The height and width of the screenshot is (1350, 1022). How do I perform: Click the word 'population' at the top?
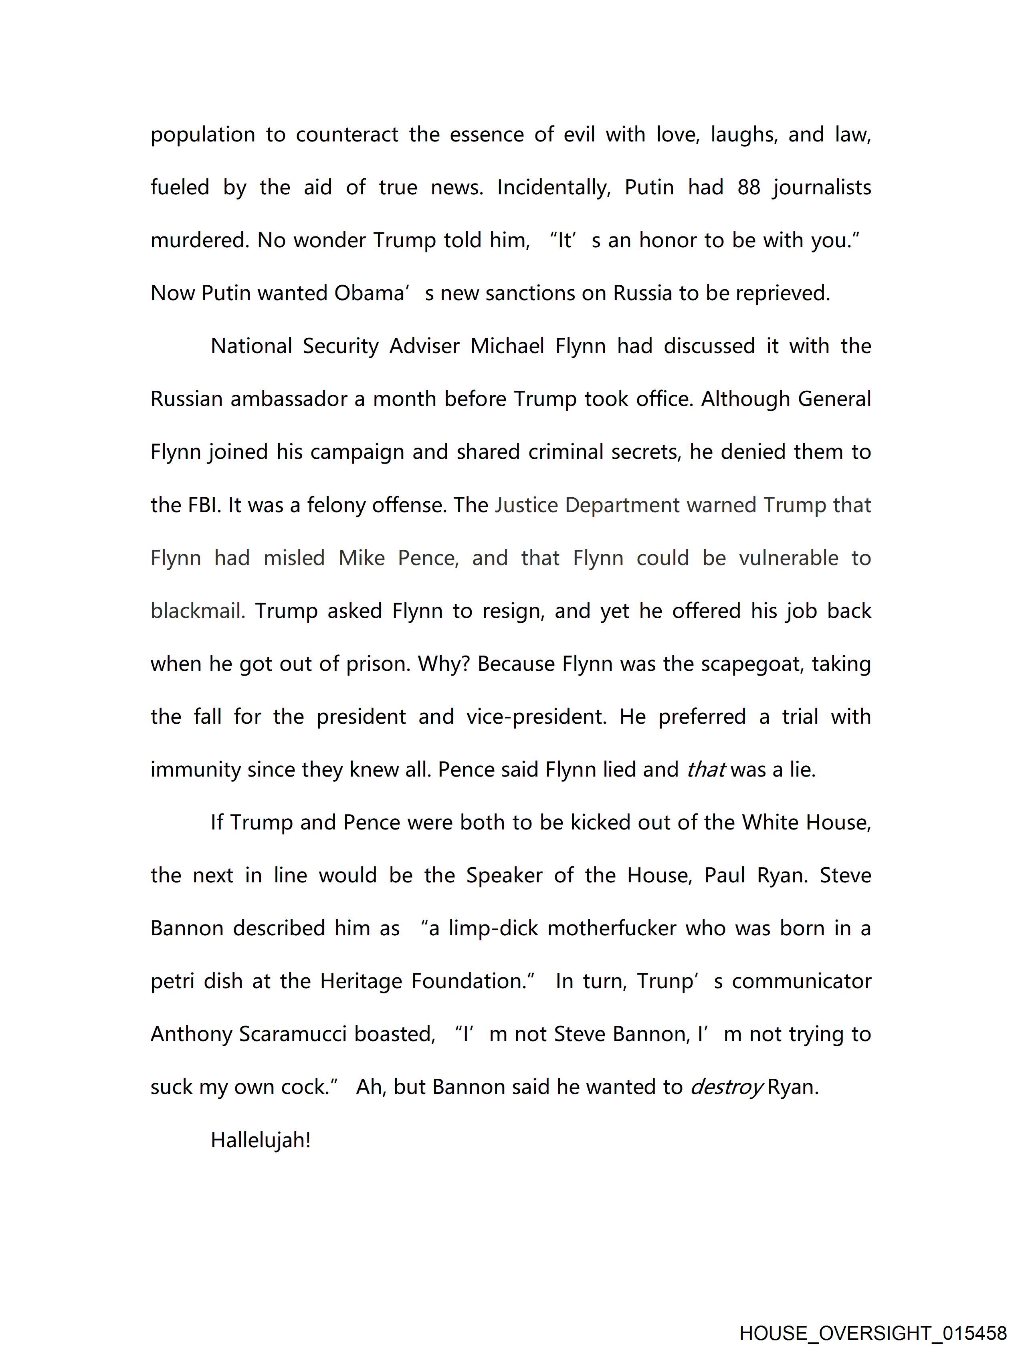tap(203, 135)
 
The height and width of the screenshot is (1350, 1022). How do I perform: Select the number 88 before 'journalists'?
tap(749, 188)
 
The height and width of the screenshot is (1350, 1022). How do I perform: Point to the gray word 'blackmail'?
tap(197, 611)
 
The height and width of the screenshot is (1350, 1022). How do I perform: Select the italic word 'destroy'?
tap(727, 1088)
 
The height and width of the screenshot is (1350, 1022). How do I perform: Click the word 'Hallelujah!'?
tap(261, 1140)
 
